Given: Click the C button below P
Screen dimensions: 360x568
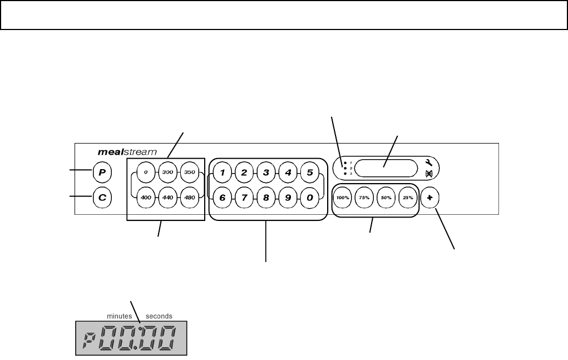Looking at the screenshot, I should click(102, 198).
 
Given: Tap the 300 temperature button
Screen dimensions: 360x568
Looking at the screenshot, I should click(167, 172).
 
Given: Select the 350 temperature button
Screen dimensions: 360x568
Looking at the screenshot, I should click(190, 172).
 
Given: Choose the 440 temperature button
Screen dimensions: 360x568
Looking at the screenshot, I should click(167, 198).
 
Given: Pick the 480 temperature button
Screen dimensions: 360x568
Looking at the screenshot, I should click(190, 198).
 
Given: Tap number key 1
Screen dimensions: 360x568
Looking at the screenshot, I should click(222, 172).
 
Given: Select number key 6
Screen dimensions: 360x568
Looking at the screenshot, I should click(222, 198).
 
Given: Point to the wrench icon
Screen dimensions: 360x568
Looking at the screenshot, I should click(429, 162).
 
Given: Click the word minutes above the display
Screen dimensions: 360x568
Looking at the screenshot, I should click(118, 315).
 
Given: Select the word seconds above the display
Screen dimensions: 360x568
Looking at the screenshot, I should click(159, 315).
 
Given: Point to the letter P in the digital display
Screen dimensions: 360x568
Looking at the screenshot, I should click(87, 340).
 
